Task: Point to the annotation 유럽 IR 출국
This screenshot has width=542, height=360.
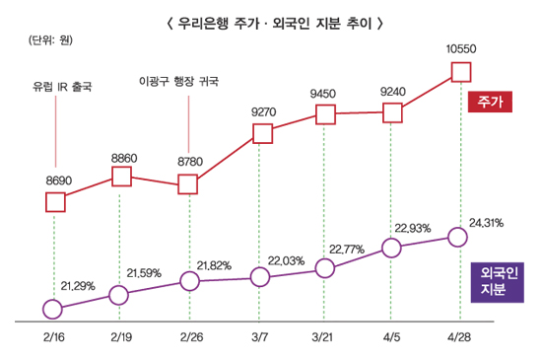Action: coord(61,86)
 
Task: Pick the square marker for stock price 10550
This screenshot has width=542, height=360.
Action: coord(461,70)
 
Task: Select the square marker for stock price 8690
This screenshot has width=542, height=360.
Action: coord(55,202)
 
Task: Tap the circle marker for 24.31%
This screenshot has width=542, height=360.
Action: coord(456,237)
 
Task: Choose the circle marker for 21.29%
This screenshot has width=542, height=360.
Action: coord(52,309)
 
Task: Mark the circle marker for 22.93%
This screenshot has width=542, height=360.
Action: coord(391,248)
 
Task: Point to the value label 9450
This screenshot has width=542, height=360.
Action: coord(323,94)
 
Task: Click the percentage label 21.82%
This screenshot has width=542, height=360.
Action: coord(214,265)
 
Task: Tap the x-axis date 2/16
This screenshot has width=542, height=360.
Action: coord(52,337)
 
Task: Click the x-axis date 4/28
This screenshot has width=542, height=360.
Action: coord(459,337)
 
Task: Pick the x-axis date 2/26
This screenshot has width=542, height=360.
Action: coord(189,337)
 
